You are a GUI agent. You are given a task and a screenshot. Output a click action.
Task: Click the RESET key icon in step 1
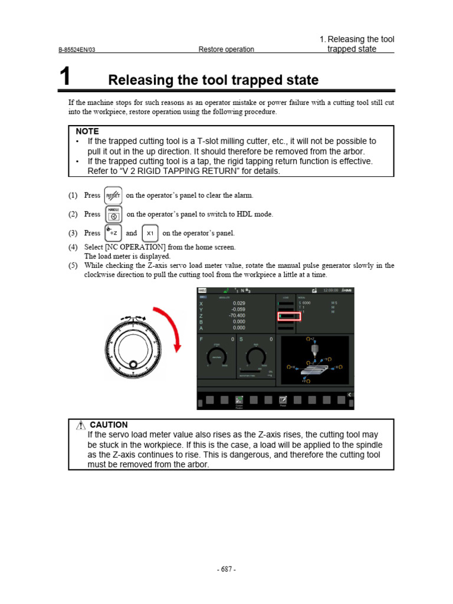(x=113, y=195)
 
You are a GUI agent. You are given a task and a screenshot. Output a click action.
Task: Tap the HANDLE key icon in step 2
(x=113, y=214)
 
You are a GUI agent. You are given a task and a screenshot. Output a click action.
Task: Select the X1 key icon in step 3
(x=150, y=233)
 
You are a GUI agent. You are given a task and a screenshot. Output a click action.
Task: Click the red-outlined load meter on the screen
(x=288, y=317)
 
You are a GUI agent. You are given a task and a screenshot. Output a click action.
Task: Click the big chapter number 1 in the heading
(x=65, y=78)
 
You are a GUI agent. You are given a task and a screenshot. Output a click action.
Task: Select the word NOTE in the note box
(x=87, y=131)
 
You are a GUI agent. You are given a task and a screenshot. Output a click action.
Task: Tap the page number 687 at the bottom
(x=226, y=569)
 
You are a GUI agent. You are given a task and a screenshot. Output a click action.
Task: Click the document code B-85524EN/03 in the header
(x=77, y=50)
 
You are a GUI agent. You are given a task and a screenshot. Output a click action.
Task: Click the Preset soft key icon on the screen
(x=283, y=400)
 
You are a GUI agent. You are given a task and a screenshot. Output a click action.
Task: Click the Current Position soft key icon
(x=239, y=400)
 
